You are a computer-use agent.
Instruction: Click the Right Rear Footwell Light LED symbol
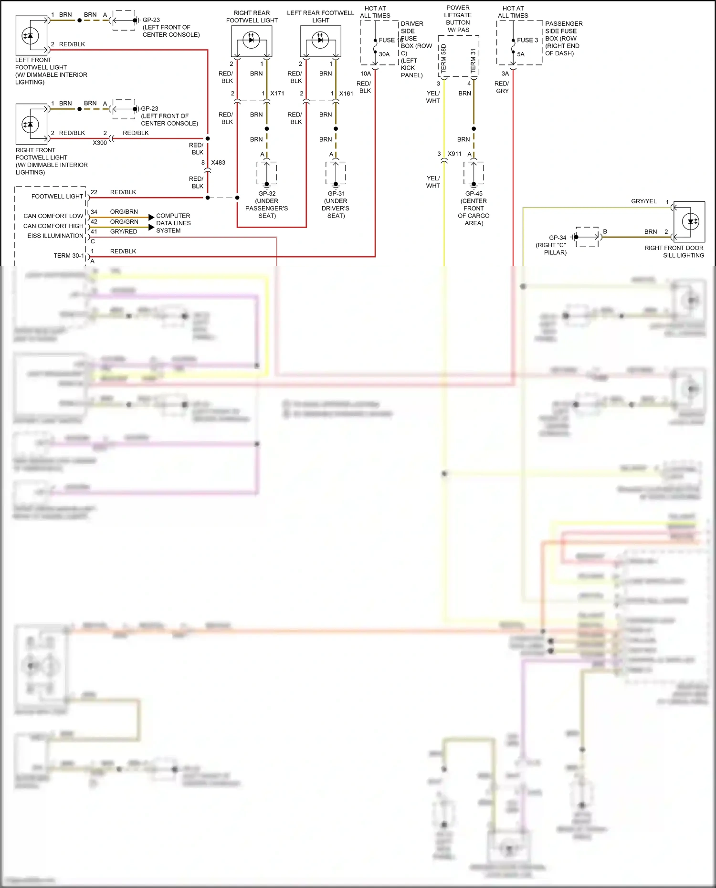[x=251, y=40]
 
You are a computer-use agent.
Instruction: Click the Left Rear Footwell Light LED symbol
[x=320, y=40]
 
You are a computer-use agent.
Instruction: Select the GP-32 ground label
[x=267, y=194]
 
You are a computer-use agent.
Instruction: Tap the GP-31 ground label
[x=336, y=194]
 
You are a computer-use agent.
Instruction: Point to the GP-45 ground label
[x=474, y=194]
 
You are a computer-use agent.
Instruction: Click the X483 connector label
[x=218, y=163]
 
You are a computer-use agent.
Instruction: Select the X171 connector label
[x=277, y=94]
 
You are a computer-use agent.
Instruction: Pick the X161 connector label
[x=346, y=94]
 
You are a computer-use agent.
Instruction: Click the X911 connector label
[x=454, y=154]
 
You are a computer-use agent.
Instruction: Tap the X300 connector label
[x=100, y=143]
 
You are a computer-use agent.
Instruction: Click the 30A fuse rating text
[x=384, y=54]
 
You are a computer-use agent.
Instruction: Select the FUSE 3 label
[x=527, y=41]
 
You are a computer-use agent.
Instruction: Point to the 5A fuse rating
[x=521, y=54]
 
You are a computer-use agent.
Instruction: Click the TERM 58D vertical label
[x=443, y=58]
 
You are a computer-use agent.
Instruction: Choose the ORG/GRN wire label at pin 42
[x=124, y=222]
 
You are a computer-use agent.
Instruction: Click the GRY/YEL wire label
[x=643, y=201]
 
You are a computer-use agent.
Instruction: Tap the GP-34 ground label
[x=558, y=238]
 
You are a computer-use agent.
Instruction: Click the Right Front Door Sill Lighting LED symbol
[x=690, y=221]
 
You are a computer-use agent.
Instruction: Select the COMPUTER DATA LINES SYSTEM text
[x=173, y=223]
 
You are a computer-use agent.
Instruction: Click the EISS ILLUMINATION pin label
[x=55, y=236]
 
